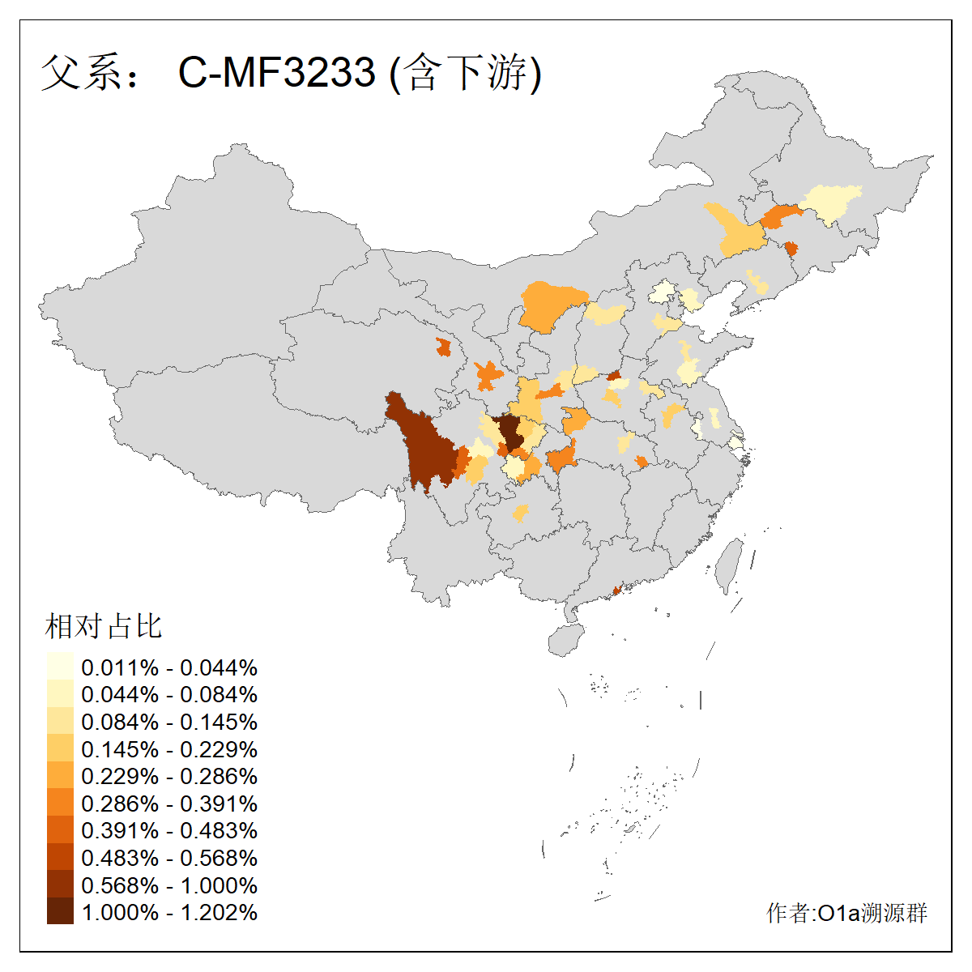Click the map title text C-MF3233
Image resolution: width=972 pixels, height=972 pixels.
277,72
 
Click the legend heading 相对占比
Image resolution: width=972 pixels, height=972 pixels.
104,626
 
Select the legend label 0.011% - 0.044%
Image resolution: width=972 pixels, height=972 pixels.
169,668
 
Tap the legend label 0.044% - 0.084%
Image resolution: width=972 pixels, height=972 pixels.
169,695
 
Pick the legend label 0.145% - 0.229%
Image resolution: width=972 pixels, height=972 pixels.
169,749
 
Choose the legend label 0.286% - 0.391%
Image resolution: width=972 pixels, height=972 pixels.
169,804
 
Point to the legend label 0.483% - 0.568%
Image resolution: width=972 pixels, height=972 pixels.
169,858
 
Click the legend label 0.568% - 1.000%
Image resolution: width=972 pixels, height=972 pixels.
169,885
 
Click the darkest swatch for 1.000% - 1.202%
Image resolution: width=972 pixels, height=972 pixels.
60,912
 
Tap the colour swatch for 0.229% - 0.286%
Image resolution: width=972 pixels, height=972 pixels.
60,776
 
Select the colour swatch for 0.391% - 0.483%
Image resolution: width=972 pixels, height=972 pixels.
60,830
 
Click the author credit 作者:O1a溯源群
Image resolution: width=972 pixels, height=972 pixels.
846,914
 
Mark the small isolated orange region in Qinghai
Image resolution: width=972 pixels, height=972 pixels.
443,347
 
